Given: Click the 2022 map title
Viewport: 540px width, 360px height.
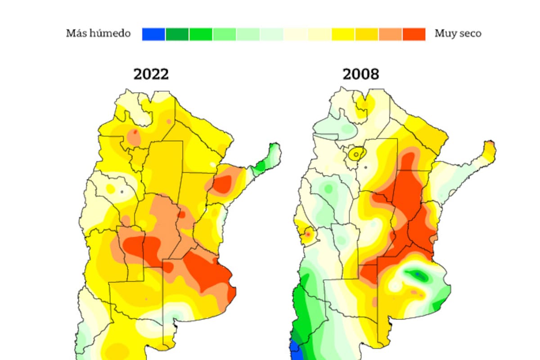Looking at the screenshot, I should [x=151, y=74].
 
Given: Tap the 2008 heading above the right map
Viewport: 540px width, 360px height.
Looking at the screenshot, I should [x=361, y=74].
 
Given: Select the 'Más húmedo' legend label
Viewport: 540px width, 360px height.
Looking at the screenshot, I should [x=99, y=33].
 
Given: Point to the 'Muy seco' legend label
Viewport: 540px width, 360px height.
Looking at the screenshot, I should [x=458, y=33].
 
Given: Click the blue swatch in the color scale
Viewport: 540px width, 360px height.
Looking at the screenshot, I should [x=153, y=34].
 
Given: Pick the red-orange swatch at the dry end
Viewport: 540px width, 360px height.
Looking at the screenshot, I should [x=414, y=34].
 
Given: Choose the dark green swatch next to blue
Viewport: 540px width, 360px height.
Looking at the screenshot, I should [x=177, y=34].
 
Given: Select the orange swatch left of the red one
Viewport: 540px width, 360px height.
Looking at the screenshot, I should [x=390, y=34].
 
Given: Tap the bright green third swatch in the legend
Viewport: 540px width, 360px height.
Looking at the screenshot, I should [x=201, y=34].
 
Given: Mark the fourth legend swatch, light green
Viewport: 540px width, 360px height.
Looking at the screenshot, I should [x=225, y=34].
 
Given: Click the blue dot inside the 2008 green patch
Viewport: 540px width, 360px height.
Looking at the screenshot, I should [x=418, y=274].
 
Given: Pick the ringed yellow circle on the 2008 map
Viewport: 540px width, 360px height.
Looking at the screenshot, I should [x=356, y=154].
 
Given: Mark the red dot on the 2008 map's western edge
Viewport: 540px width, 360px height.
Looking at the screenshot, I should [x=308, y=234].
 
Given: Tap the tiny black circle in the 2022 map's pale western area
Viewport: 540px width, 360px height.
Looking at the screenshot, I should [x=121, y=192].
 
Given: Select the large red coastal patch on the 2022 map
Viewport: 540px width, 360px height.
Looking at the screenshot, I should [x=207, y=272].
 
